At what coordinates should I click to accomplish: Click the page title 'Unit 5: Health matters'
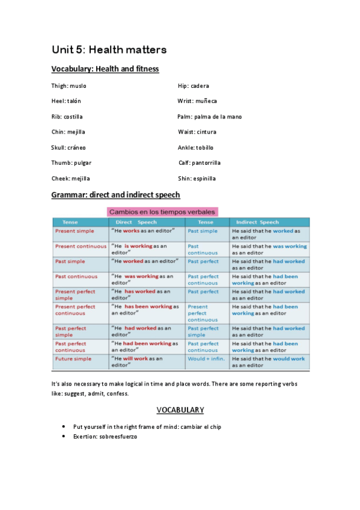click(x=109, y=49)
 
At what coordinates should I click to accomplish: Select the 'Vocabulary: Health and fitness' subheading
click(x=105, y=69)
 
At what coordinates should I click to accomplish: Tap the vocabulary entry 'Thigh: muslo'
click(x=69, y=86)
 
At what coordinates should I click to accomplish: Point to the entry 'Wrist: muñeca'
click(x=197, y=101)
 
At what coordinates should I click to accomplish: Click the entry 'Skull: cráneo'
click(x=69, y=147)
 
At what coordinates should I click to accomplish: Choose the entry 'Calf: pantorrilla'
click(x=200, y=163)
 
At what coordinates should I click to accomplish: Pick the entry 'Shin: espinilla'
click(x=197, y=179)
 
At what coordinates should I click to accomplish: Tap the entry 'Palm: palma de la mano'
click(x=209, y=117)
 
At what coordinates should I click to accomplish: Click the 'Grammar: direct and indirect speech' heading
click(x=115, y=195)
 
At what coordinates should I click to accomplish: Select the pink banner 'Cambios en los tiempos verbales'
click(x=162, y=212)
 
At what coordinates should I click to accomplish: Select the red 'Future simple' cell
click(x=73, y=359)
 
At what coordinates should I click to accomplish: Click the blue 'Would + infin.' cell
click(x=206, y=359)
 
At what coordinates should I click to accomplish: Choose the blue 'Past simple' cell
click(x=203, y=231)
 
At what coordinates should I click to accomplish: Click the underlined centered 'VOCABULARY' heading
click(x=180, y=410)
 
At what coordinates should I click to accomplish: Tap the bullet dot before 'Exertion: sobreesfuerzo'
click(x=64, y=436)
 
